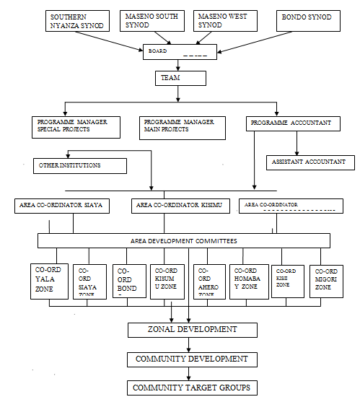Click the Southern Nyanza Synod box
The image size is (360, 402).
coord(76,22)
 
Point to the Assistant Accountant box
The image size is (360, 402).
coord(310,162)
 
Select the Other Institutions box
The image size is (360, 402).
coord(79,166)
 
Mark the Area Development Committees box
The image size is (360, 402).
coord(184,240)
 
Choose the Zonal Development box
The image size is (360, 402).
coord(193,330)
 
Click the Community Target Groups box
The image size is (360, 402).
coord(192,388)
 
